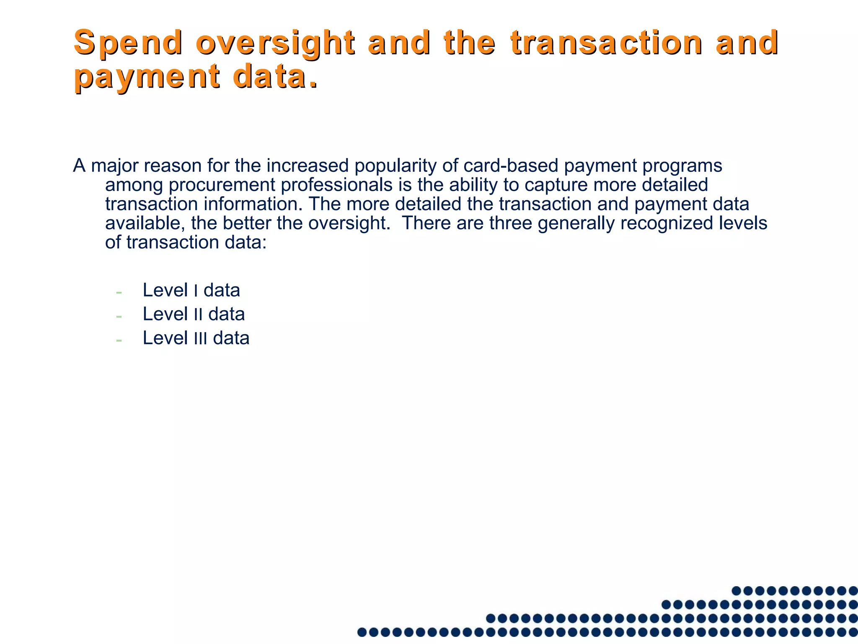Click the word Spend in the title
pos(128,43)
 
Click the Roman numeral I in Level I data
pos(196,291)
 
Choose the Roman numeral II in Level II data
pos(198,315)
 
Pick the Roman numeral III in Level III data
pos(201,339)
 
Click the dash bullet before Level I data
pos(119,292)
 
